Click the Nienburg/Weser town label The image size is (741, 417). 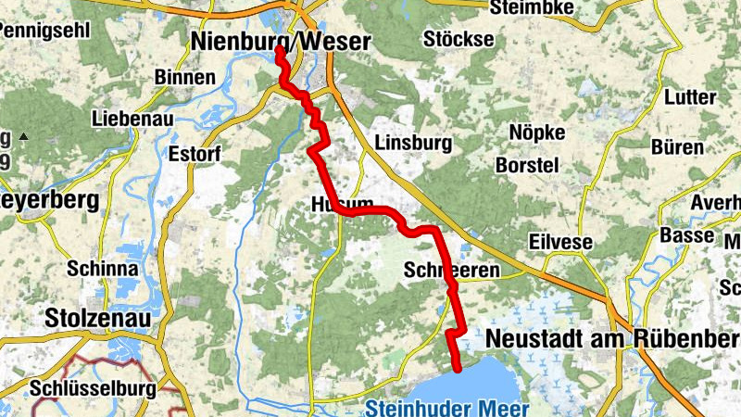pyautogui.click(x=279, y=41)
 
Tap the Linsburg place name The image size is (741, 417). pyautogui.click(x=413, y=143)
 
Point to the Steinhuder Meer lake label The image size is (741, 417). pyautogui.click(x=446, y=408)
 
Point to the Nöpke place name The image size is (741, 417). pyautogui.click(x=537, y=133)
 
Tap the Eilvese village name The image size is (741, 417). pyautogui.click(x=559, y=241)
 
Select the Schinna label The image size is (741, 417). pyautogui.click(x=103, y=269)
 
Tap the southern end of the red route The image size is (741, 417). pyautogui.click(x=458, y=368)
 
